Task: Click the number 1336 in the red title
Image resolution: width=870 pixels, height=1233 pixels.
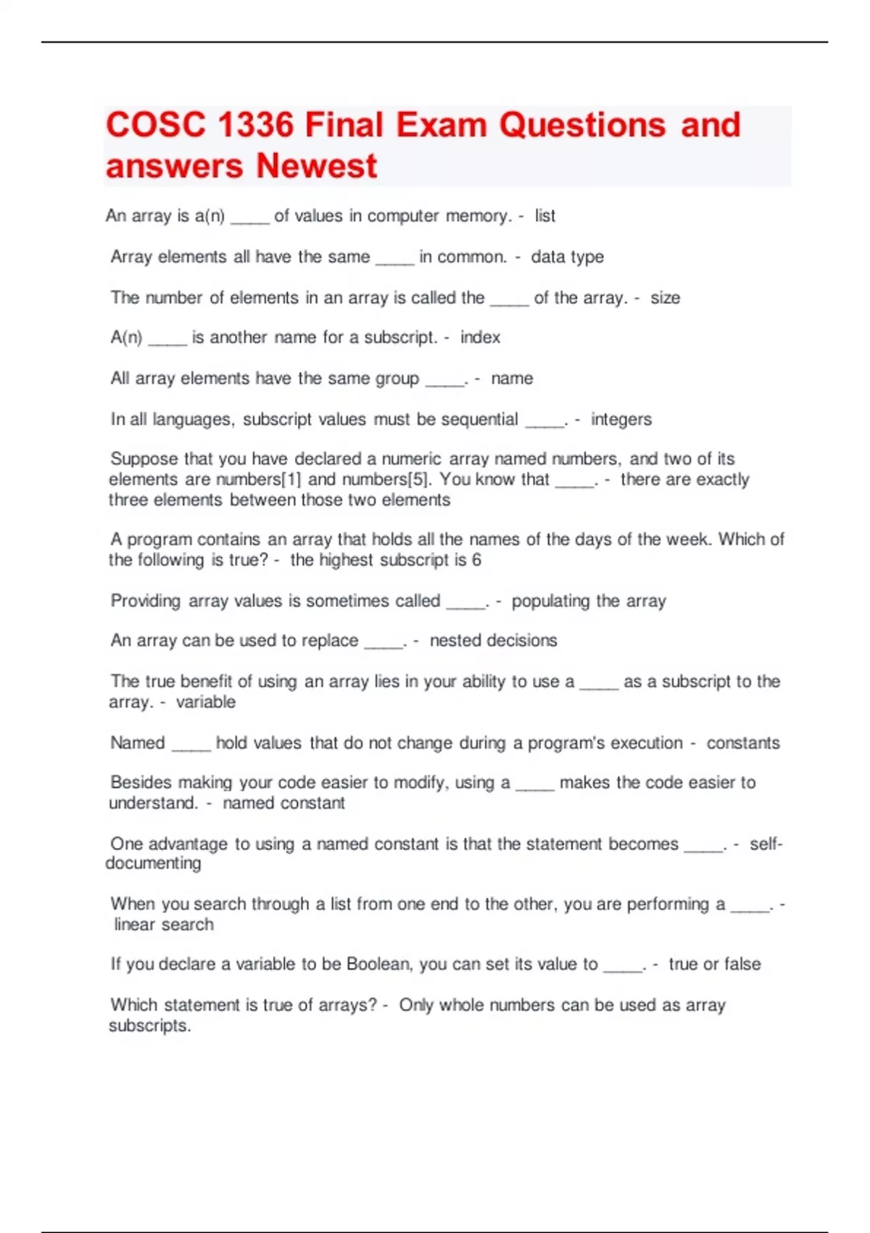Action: (x=254, y=125)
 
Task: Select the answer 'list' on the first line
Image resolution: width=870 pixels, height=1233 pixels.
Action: (x=544, y=216)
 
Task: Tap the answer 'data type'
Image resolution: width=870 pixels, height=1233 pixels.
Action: (x=567, y=257)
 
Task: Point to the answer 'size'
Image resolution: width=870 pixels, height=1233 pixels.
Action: (x=665, y=298)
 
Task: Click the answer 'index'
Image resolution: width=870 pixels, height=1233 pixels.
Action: (x=480, y=337)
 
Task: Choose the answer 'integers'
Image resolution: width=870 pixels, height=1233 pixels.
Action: (x=621, y=419)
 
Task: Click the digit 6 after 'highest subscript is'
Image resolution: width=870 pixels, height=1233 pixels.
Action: (x=476, y=560)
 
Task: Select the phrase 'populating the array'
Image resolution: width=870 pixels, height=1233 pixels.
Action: (x=588, y=601)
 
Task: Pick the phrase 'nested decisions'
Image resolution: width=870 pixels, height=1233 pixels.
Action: (x=493, y=640)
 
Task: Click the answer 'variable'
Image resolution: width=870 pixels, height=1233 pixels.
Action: (x=206, y=702)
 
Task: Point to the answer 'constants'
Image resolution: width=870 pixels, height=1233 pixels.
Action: (x=743, y=743)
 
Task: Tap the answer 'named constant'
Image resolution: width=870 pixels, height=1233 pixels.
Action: (x=283, y=803)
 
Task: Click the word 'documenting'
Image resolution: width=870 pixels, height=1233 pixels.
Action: (x=153, y=863)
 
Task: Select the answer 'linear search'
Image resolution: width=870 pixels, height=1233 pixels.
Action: (x=164, y=925)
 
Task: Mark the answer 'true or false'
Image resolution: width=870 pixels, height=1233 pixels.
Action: (x=714, y=964)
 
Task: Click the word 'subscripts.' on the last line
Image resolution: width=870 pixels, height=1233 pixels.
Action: (x=150, y=1026)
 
